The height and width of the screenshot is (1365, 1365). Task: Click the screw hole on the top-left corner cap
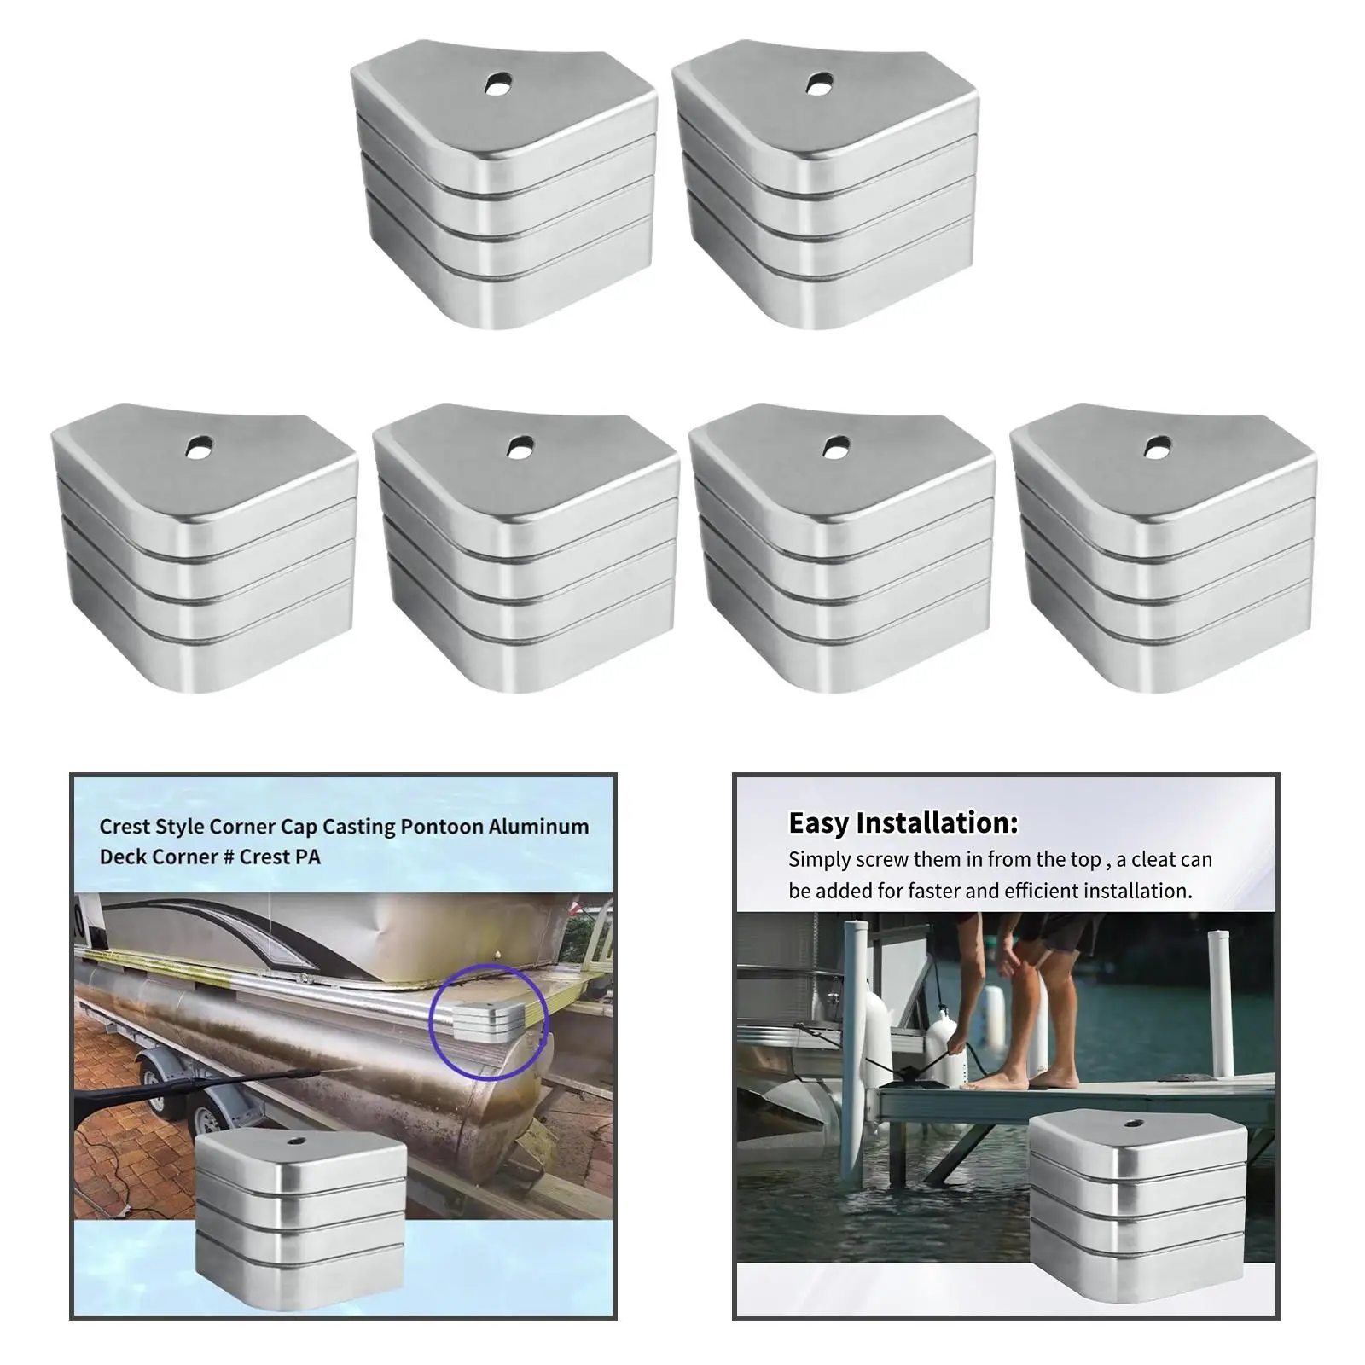[498, 84]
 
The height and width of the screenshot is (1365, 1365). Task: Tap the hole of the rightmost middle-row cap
[1157, 445]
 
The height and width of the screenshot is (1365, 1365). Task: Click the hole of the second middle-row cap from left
[520, 445]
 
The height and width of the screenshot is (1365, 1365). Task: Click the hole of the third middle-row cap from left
[836, 445]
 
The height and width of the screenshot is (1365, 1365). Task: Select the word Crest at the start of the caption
[125, 826]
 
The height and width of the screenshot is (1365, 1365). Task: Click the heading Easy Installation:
[903, 822]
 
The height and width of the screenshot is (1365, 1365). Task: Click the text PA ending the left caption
[308, 857]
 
